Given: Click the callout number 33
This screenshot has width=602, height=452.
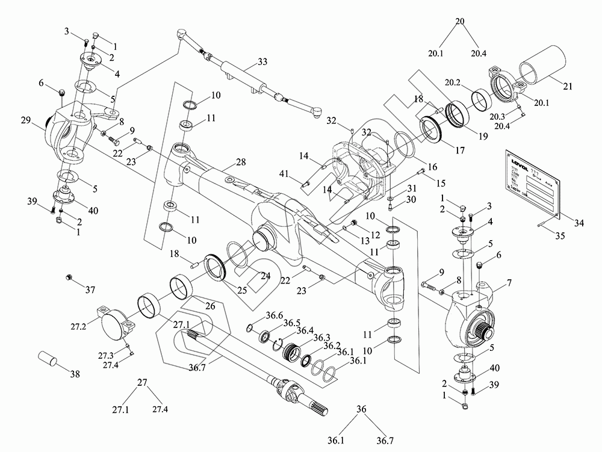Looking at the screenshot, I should pos(262,62).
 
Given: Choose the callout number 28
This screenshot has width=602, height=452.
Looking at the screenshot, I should pos(241,163).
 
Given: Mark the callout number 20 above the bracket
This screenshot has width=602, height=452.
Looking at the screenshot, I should pos(461,22).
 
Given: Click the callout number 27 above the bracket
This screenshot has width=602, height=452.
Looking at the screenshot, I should pos(142,382).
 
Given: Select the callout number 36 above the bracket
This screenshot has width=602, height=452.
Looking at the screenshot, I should pos(361,409).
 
